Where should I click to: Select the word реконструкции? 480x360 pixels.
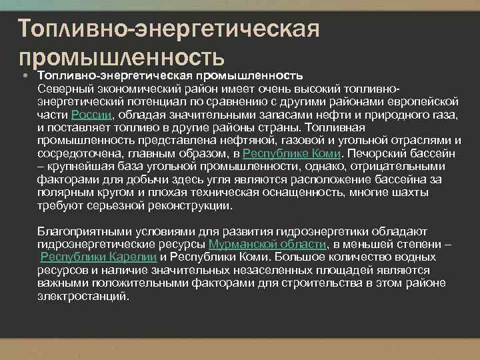coord(187,206)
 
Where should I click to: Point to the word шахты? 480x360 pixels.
coord(445,193)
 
